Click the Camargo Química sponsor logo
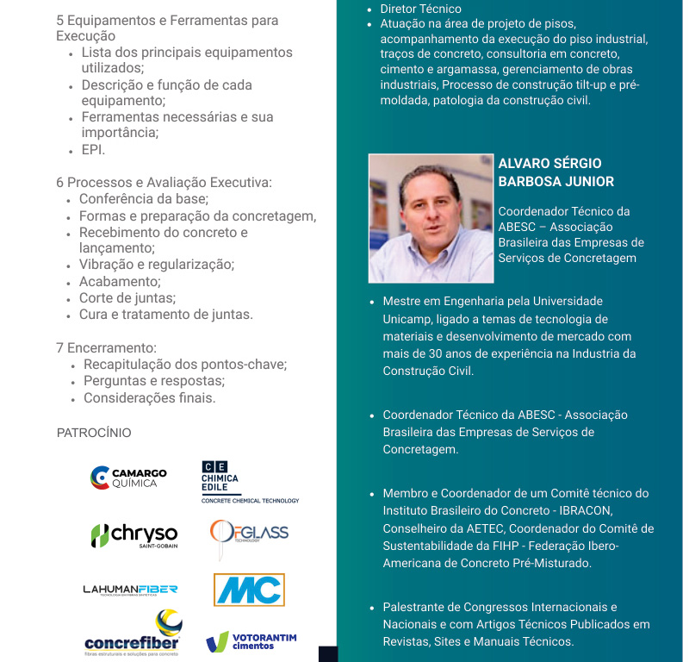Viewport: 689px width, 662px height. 128,478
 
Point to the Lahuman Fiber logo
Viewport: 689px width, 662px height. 130,590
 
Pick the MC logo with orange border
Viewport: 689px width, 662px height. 249,590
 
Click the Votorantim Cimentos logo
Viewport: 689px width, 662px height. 251,641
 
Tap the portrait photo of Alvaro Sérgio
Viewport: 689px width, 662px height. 431,218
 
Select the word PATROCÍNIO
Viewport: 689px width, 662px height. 94,433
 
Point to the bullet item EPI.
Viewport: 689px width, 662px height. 93,150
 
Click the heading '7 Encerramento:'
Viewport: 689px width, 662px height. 106,348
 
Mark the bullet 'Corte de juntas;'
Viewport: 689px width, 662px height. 127,298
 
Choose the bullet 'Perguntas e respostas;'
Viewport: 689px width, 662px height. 154,381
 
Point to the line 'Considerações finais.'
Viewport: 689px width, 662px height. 150,398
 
